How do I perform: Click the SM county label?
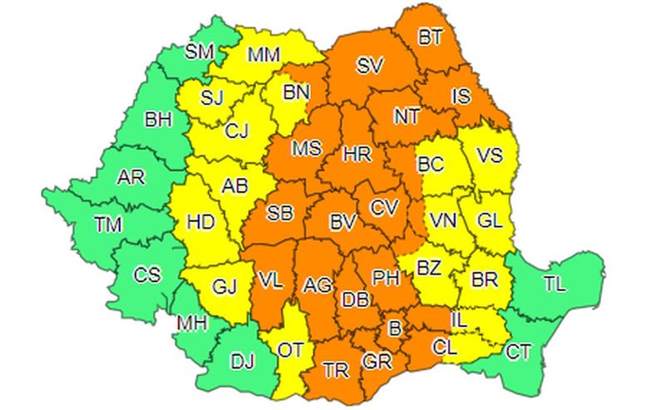(x=199, y=52)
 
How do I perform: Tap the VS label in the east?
(x=490, y=154)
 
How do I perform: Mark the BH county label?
(x=158, y=121)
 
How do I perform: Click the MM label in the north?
(x=264, y=57)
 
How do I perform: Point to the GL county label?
(x=490, y=221)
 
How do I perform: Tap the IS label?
(x=461, y=96)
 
